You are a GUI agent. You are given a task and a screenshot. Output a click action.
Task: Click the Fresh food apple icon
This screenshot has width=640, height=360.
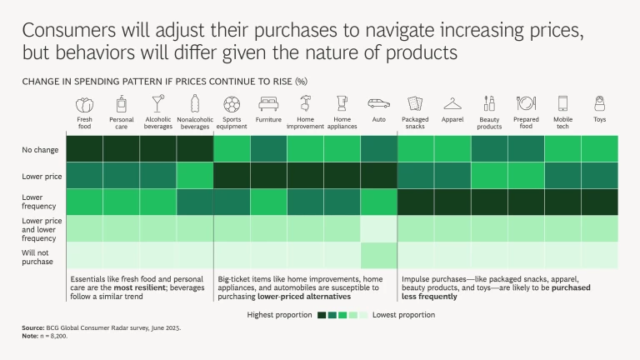tap(84, 105)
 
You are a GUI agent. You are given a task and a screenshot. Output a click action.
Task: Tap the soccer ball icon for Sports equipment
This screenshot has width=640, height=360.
tap(232, 105)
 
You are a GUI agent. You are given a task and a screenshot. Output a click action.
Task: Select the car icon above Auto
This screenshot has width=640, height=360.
tap(378, 105)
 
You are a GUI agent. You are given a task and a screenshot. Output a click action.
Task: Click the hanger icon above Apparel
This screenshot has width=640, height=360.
tap(452, 105)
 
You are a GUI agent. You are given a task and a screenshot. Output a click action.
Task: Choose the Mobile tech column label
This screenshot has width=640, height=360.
tap(562, 122)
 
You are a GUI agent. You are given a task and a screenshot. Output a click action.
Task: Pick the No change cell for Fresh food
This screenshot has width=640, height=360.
tap(84, 148)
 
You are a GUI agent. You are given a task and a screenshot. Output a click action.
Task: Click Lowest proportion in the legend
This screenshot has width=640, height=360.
tap(403, 315)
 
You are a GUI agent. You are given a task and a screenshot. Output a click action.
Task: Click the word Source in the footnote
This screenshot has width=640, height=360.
tap(33, 329)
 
